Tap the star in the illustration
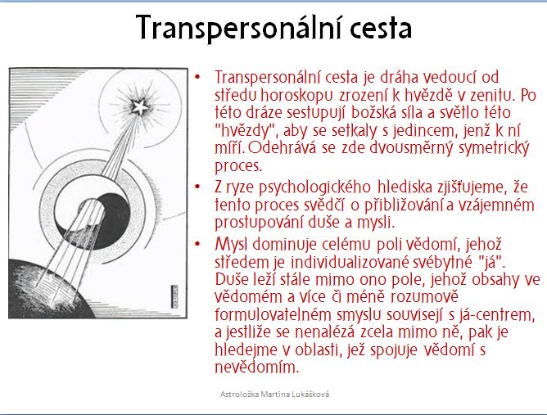point(140,106)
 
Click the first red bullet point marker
point(198,76)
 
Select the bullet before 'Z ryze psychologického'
point(198,187)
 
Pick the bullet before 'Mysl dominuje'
point(198,244)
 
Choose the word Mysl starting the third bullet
point(231,244)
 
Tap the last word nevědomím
point(257,368)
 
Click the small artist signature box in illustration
point(174,297)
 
